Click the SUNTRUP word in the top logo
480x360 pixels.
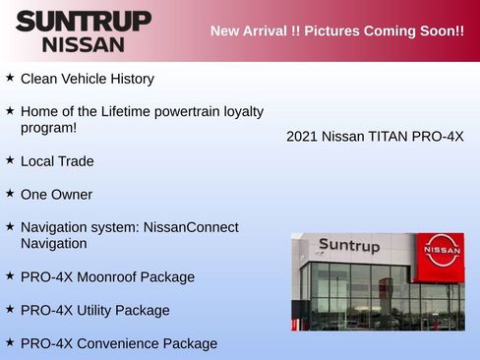coord(84,21)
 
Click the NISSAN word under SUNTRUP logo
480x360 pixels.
coord(84,44)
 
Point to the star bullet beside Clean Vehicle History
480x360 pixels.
coord(10,77)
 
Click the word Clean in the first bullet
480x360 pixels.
coord(39,78)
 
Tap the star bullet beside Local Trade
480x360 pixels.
coord(10,159)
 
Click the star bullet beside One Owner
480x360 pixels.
coord(10,193)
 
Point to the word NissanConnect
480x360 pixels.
coord(191,227)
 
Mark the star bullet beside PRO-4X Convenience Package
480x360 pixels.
coord(10,342)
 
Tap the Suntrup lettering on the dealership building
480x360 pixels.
coord(348,246)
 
